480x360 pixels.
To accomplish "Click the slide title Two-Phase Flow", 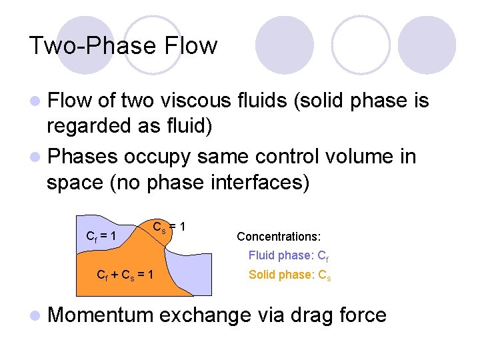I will click(123, 46).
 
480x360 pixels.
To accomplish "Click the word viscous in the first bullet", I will click(195, 101).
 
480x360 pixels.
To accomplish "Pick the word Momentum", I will click(101, 315).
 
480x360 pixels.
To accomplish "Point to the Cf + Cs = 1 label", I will click(125, 274).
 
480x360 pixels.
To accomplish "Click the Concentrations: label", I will click(279, 237).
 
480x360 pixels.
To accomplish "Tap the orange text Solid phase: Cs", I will click(289, 274).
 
